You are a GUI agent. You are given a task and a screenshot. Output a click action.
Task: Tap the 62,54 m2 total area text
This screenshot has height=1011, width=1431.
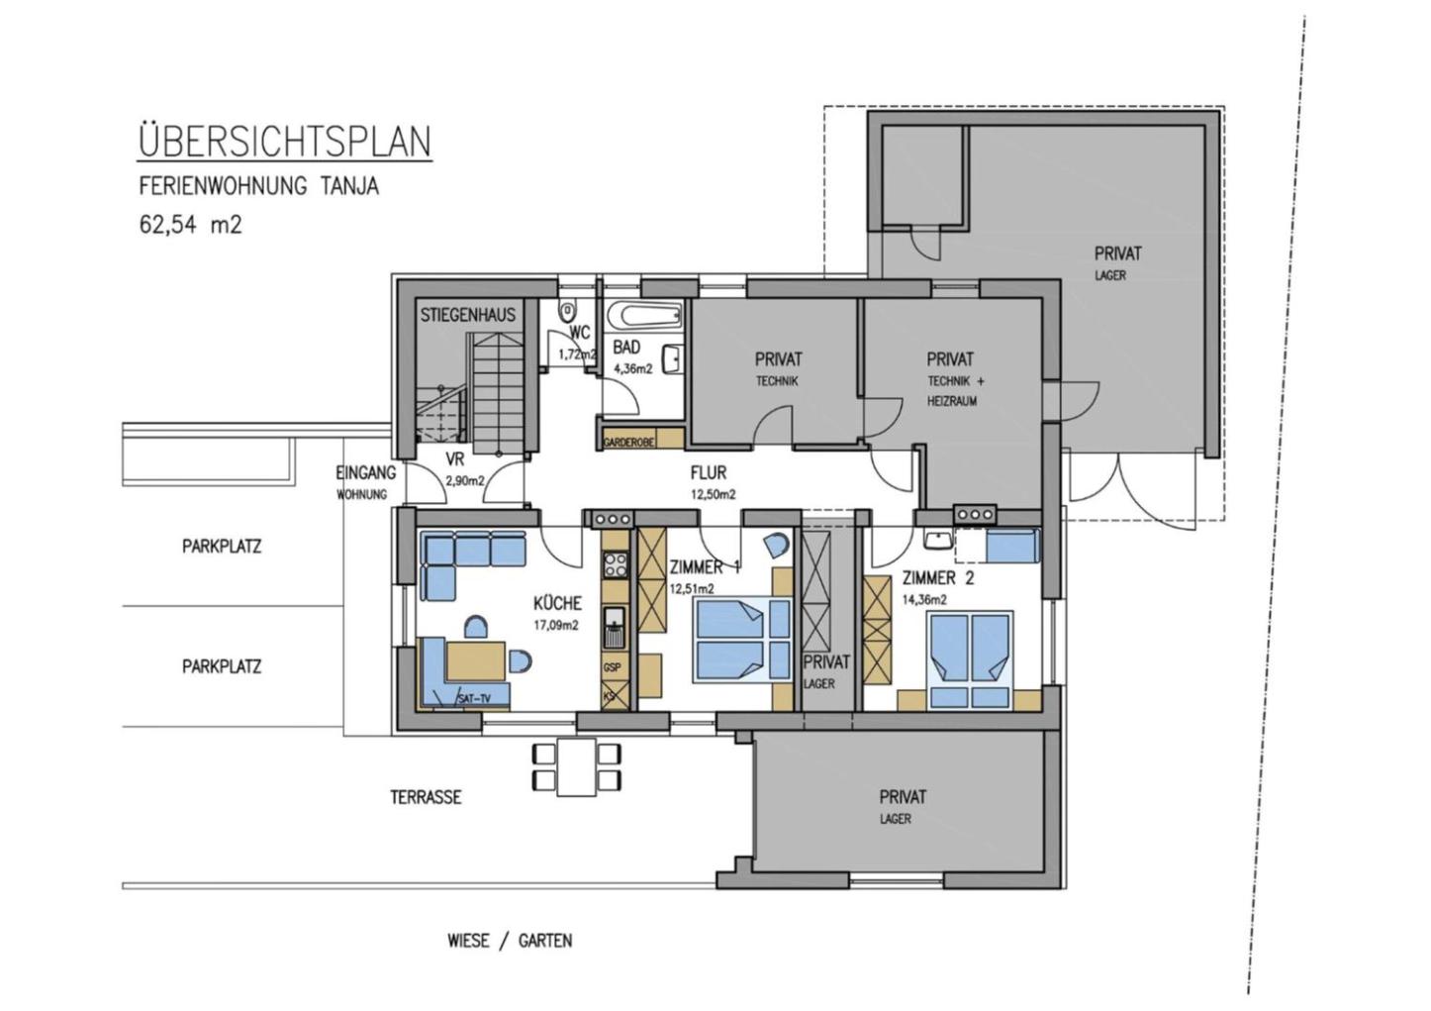pyautogui.click(x=191, y=225)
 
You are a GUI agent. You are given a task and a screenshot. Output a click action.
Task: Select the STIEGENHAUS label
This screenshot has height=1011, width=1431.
pyautogui.click(x=468, y=315)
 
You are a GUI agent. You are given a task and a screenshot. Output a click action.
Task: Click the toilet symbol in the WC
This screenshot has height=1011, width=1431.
pyautogui.click(x=567, y=312)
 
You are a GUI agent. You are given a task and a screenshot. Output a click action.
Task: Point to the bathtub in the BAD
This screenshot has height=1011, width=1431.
pyautogui.click(x=644, y=314)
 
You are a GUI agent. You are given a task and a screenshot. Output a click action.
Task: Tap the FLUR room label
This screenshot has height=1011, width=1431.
pyautogui.click(x=709, y=473)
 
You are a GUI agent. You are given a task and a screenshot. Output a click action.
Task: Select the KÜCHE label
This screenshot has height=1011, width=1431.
pyautogui.click(x=558, y=603)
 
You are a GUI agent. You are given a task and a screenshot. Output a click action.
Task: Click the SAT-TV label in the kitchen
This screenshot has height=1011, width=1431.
pyautogui.click(x=474, y=698)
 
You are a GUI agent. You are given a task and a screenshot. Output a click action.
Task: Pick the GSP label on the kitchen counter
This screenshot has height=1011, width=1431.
pyautogui.click(x=612, y=667)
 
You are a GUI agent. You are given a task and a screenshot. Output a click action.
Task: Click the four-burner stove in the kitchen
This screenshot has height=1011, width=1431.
pyautogui.click(x=616, y=565)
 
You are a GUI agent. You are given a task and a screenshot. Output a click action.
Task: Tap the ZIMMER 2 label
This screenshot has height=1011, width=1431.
pyautogui.click(x=938, y=578)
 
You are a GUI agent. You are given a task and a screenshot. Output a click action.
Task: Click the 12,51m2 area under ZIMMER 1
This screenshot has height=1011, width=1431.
pyautogui.click(x=692, y=588)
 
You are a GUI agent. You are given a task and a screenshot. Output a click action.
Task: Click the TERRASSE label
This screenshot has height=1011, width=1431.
pyautogui.click(x=426, y=797)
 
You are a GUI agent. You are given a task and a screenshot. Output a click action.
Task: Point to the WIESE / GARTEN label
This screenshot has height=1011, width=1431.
pyautogui.click(x=510, y=941)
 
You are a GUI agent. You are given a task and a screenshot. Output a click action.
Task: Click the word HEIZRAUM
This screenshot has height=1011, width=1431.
pyautogui.click(x=952, y=402)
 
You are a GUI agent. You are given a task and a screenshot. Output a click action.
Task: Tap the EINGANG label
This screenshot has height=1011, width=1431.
pyautogui.click(x=365, y=473)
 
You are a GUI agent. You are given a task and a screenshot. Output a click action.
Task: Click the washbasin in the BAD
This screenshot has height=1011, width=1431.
pyautogui.click(x=673, y=358)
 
